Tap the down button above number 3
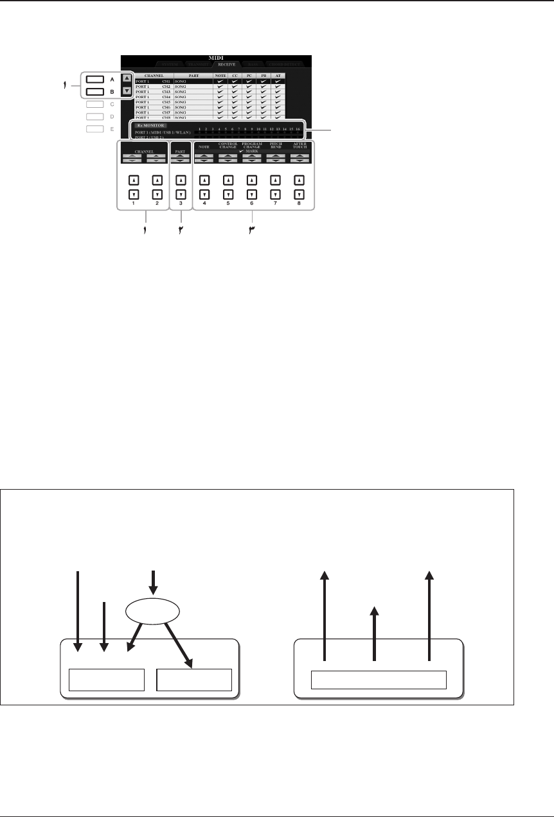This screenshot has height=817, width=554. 181,193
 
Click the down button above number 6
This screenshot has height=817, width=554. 251,193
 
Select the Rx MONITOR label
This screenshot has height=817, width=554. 150,125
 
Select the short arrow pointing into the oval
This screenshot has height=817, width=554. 153,581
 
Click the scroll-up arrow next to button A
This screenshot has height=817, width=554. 127,78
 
